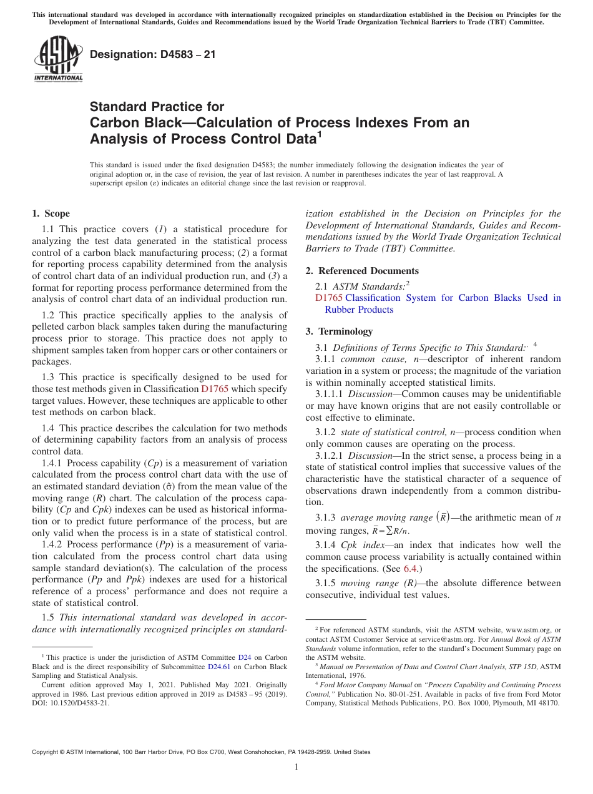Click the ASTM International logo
click(x=57, y=59)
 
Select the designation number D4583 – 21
click(x=153, y=54)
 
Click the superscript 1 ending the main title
click(x=320, y=134)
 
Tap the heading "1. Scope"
click(x=51, y=213)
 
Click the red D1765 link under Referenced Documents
click(x=329, y=298)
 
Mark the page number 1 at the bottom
click(x=296, y=767)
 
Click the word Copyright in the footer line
click(x=46, y=752)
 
